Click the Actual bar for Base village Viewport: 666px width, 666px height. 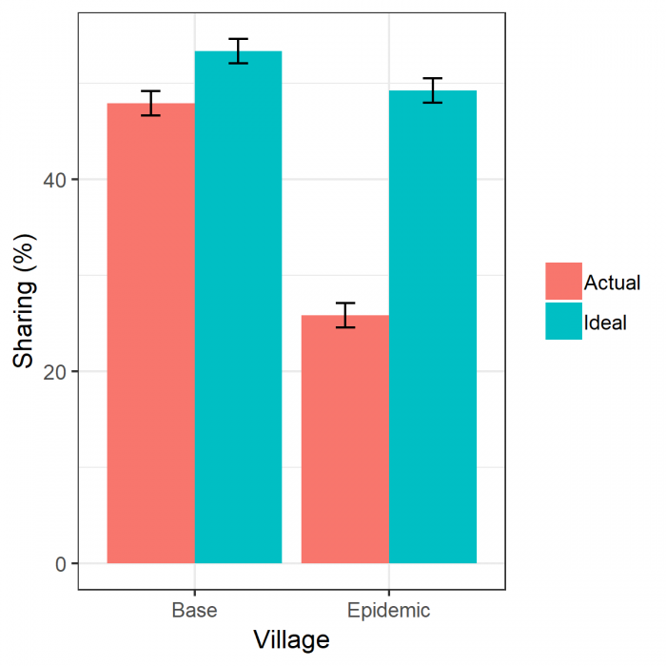point(150,333)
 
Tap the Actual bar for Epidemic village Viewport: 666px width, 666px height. point(344,439)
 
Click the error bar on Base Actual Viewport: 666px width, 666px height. point(150,103)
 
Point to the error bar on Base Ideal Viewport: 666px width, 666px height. point(238,51)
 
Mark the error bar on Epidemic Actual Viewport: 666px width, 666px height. point(344,315)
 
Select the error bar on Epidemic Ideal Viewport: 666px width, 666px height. point(432,90)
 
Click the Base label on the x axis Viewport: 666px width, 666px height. point(194,610)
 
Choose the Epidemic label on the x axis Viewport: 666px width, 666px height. point(388,610)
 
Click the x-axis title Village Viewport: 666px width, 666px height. point(291,640)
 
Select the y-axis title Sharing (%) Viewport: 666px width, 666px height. point(24,304)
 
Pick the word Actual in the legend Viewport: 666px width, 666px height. point(612,283)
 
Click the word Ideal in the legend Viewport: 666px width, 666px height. point(605,323)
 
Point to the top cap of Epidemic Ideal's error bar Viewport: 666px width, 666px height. point(432,78)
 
